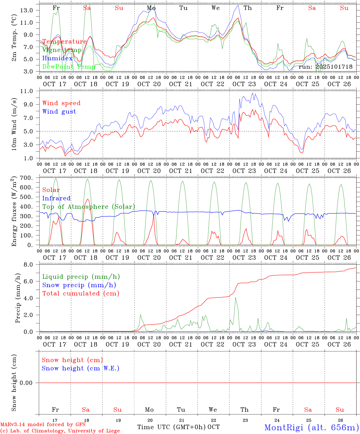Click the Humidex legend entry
[57, 58]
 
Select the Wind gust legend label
[59, 112]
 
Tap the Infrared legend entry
[56, 198]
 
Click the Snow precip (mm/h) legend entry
[79, 285]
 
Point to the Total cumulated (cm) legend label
[81, 293]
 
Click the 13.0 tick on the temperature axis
[27, 10]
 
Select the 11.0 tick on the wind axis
[27, 91]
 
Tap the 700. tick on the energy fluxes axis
[26, 178]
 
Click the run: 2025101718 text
[325, 67]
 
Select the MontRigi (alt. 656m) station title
[311, 427]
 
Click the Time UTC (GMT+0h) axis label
[172, 427]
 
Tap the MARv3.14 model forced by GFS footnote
[43, 425]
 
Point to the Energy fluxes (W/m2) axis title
[14, 211]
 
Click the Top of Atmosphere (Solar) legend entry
[88, 207]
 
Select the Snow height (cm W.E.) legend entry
[81, 368]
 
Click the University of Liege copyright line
[60, 431]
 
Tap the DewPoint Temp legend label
[68, 67]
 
